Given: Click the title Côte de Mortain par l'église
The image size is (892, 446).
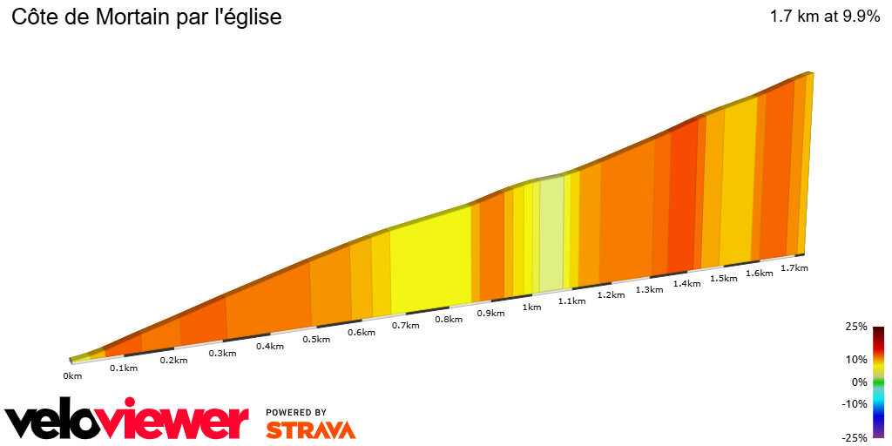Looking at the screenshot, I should (x=146, y=17).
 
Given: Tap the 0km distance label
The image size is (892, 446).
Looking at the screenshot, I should (x=72, y=376).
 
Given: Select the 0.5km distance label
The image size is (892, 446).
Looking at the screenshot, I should (x=316, y=339).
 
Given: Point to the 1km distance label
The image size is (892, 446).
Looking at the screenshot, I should (x=531, y=307).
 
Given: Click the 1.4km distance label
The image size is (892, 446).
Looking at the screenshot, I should (x=686, y=284).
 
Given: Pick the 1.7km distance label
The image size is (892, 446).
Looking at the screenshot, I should (x=794, y=267).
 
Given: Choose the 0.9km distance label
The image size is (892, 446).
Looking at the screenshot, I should (x=491, y=313).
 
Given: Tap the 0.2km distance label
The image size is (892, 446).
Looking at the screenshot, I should (x=173, y=361).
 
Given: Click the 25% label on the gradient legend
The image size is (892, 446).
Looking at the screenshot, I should (x=857, y=327).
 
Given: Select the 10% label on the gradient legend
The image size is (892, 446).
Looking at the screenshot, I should (x=857, y=359).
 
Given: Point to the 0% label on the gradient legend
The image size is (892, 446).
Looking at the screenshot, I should (x=860, y=382).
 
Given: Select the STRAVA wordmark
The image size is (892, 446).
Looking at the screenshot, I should (x=310, y=429).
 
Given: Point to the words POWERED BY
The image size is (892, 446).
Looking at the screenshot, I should (x=296, y=412).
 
